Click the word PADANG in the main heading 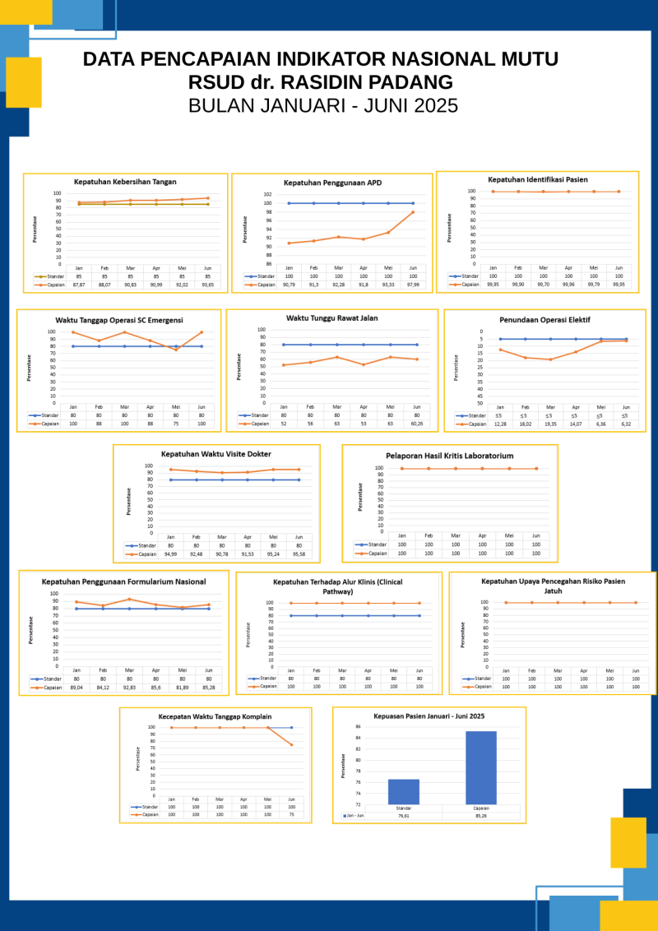coord(411,82)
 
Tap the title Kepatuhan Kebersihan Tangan coord(125,182)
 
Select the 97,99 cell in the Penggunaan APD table coord(413,285)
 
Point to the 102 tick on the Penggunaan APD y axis coord(267,195)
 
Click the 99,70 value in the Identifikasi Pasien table coord(543,285)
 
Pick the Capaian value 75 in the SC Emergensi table coord(175,424)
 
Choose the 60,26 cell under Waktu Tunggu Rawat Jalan coord(416,424)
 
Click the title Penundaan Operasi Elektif coord(544,319)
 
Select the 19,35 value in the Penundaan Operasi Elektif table coord(550,424)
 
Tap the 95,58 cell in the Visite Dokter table coord(299,554)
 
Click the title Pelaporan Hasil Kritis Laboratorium coord(449,455)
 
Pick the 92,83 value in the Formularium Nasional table coord(129,688)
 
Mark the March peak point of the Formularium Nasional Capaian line coord(129,600)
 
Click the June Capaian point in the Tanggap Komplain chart coord(291,745)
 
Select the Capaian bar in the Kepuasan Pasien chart coord(481,767)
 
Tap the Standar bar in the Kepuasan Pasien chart coord(404,791)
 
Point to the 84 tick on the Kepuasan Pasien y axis coord(358,738)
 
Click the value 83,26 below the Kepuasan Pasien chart coord(481,816)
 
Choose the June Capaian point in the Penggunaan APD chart coord(413,212)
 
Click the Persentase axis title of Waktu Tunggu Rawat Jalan coord(239,367)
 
